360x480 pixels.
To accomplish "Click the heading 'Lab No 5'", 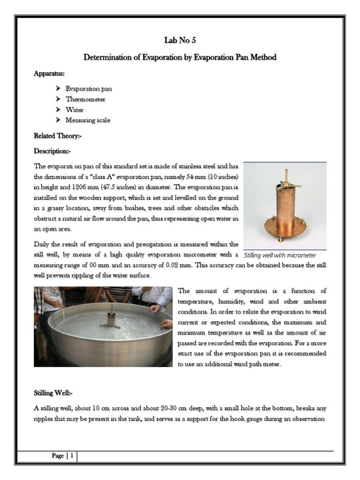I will [x=180, y=40].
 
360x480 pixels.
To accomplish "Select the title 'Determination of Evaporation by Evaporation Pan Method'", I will [x=180, y=57].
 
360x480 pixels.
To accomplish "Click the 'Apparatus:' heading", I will [x=49, y=74].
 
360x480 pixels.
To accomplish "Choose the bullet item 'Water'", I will [x=75, y=110].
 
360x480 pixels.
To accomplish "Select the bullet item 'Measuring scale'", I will [x=88, y=120].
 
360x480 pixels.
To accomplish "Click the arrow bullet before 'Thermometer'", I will [x=58, y=99].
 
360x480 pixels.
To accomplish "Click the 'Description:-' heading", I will [x=52, y=151].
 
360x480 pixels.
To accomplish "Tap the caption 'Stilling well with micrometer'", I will [x=280, y=255].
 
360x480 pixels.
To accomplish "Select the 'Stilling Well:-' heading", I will [x=53, y=393].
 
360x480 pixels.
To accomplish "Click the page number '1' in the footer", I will [x=72, y=456].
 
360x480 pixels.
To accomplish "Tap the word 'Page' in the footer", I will [x=58, y=456].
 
